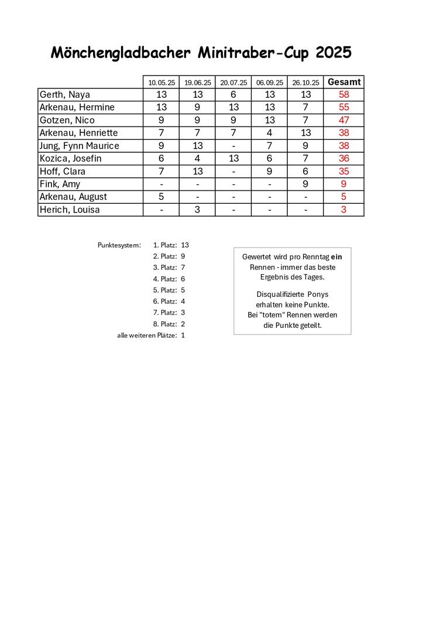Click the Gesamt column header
pos(343,82)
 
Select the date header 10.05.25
pos(161,83)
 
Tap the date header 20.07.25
pos(233,83)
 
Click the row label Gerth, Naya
pos(64,95)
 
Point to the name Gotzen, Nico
pos(67,120)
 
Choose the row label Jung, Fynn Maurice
pos(79,146)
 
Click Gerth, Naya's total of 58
pos(343,95)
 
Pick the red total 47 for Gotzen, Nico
pos(343,120)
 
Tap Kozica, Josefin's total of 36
pos(343,159)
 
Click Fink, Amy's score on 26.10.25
pos(306,184)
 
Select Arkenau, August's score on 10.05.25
pos(161,197)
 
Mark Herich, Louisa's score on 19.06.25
pos(197,210)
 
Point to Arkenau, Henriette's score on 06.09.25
pos(269,133)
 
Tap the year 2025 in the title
pos(333,53)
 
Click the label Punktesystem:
pos(119,245)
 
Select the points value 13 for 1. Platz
pos(185,245)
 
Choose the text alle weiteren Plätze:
pos(147,335)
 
